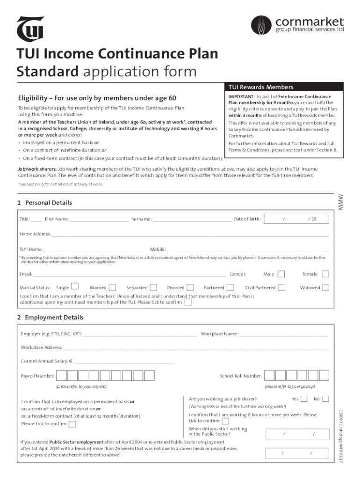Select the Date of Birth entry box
(297, 219)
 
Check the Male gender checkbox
(281, 274)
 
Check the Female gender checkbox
(325, 274)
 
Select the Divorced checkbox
(190, 287)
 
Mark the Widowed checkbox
(325, 287)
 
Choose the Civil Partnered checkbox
(281, 287)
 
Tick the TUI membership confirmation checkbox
(187, 302)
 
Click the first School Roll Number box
(269, 376)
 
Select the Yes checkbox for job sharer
(304, 399)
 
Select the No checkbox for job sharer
(325, 399)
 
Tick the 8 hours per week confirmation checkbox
(225, 421)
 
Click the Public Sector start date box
(297, 435)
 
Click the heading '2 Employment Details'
(50, 318)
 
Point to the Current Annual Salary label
(47, 361)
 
